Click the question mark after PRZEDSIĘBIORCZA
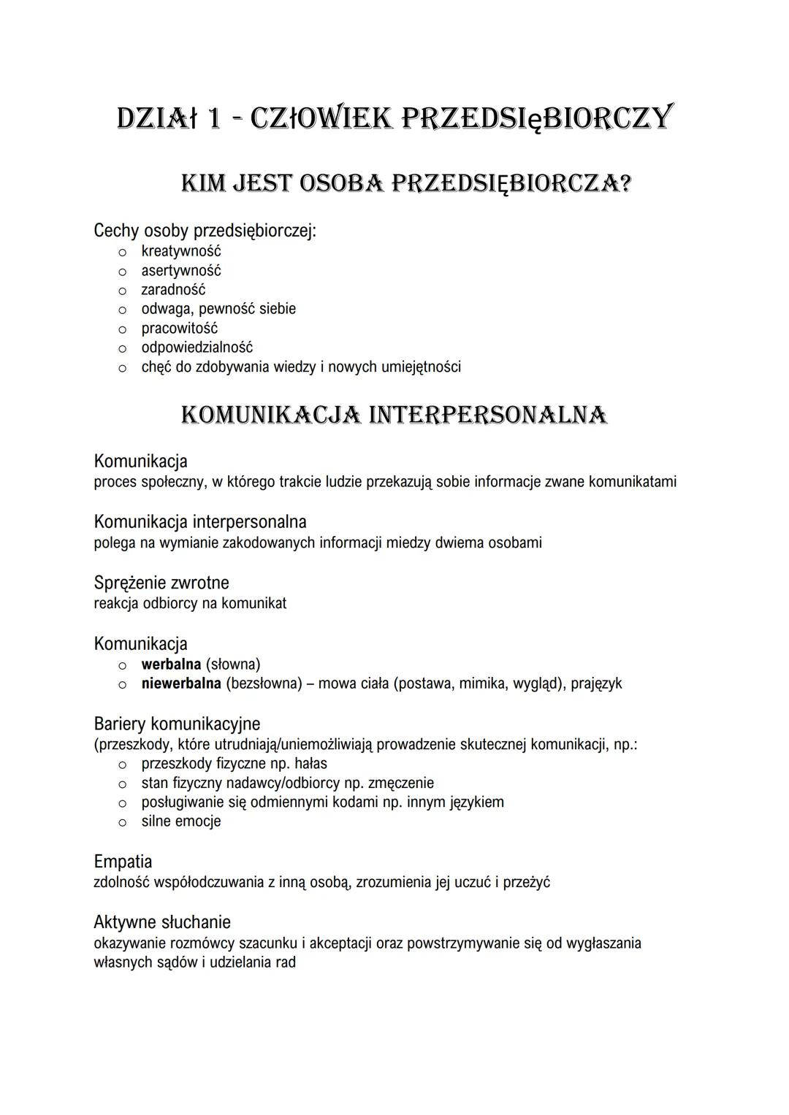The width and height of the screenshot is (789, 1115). click(622, 183)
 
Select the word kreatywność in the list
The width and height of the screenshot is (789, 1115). click(181, 251)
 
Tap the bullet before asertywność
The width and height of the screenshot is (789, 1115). click(123, 272)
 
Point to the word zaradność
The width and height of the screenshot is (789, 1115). click(173, 290)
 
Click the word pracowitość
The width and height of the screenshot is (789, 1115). click(180, 329)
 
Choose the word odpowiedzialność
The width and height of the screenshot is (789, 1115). click(197, 348)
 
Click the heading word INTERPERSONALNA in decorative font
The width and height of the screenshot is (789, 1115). click(488, 415)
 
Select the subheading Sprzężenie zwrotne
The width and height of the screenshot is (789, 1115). click(161, 583)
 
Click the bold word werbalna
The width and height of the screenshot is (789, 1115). click(171, 664)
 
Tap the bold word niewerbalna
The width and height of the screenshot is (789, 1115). click(181, 683)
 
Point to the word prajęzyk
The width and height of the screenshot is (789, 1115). click(596, 684)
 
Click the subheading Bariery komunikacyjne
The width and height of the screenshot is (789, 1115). click(177, 724)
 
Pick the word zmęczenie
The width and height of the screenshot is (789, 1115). click(401, 783)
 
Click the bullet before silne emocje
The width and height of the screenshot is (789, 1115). click(123, 822)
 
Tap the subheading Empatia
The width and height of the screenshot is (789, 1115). click(123, 862)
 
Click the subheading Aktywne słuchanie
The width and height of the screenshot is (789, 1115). click(162, 922)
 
